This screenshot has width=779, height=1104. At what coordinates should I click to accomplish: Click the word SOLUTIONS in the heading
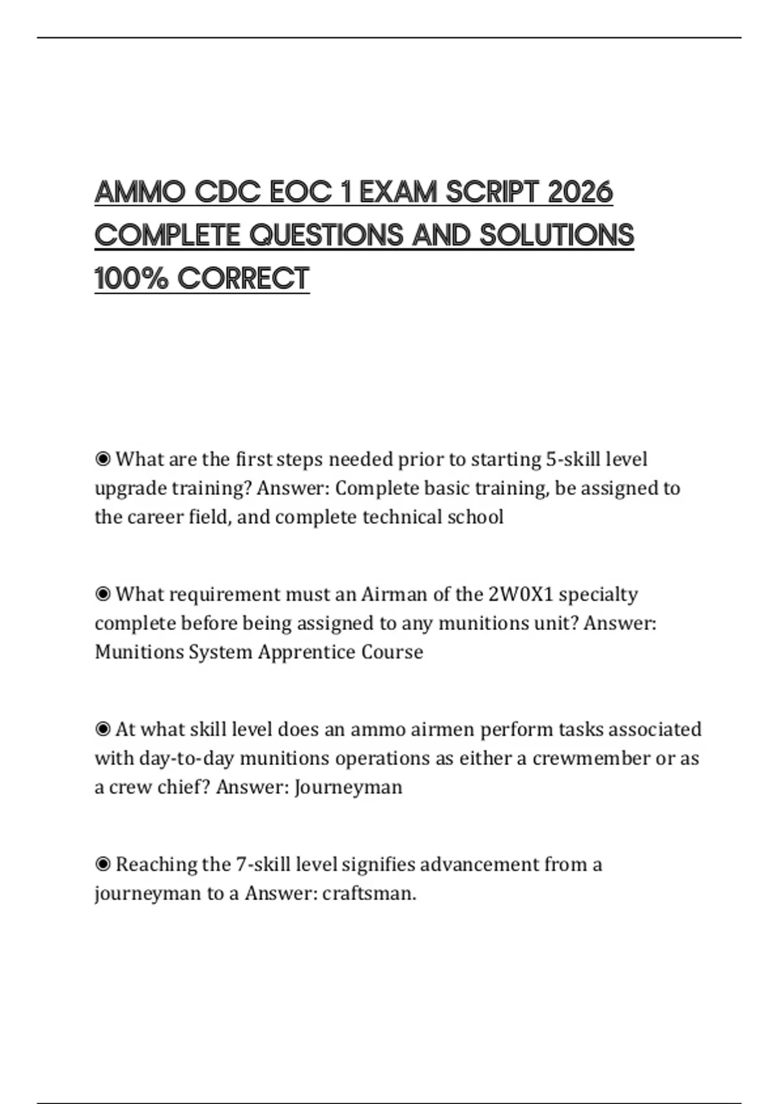point(556,235)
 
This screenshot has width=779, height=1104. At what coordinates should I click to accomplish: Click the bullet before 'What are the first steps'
point(103,460)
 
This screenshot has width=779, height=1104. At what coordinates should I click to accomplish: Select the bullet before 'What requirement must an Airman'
point(103,595)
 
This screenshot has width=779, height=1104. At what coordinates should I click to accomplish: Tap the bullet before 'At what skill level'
point(103,730)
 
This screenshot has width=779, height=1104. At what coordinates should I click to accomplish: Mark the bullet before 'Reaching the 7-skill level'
point(103,865)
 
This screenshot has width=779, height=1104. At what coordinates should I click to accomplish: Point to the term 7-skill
point(263,865)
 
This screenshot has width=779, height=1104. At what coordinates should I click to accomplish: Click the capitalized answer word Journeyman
point(348,788)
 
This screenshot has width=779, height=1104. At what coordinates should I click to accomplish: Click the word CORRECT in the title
point(243,279)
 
